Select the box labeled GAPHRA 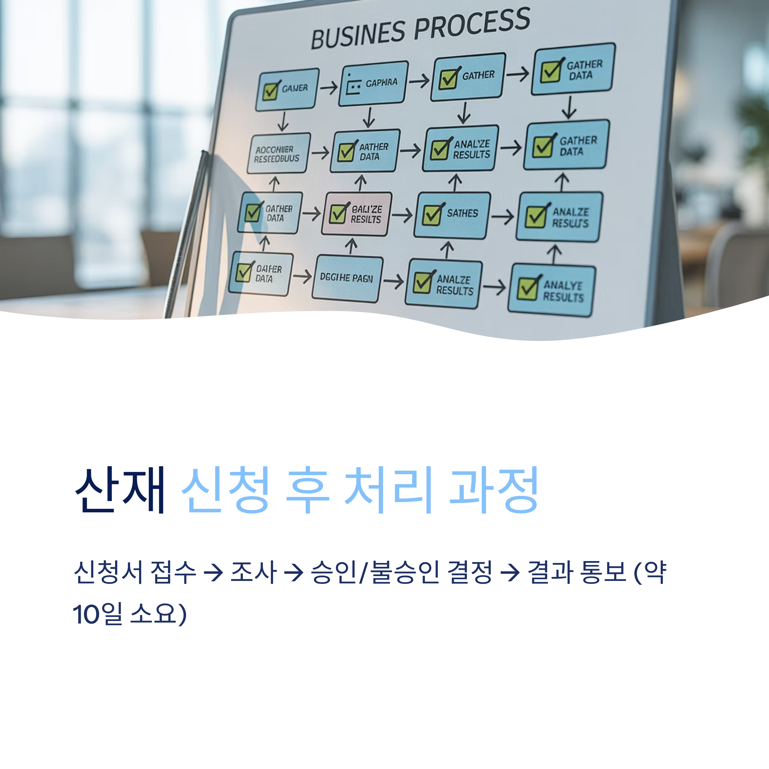pos(373,83)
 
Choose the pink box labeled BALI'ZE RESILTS pos(357,214)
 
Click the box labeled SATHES pos(452,215)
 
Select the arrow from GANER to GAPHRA pos(329,87)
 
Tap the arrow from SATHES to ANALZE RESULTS pos(503,217)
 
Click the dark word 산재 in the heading pos(120,490)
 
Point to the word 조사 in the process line pos(253,572)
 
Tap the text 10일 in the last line pos(97,614)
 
